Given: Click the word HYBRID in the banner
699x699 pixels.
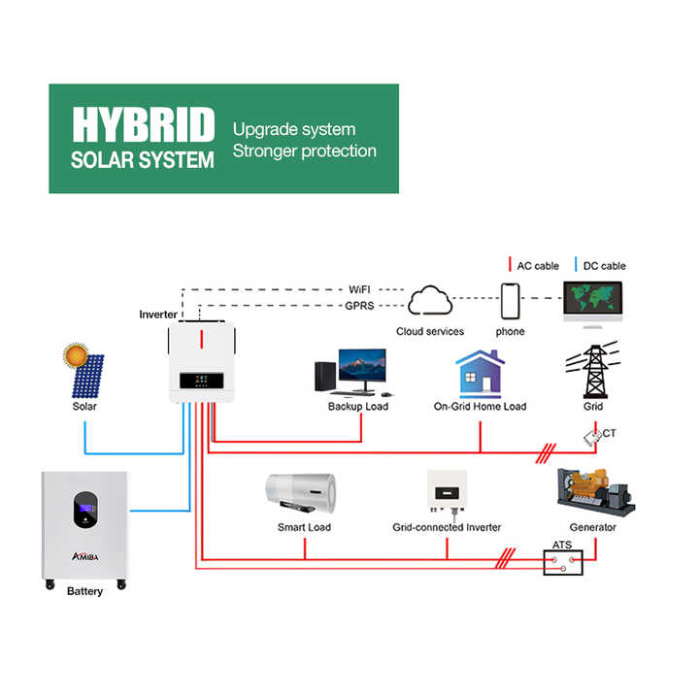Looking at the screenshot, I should coord(143,125).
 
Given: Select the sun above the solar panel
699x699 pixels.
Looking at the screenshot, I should coord(76,353).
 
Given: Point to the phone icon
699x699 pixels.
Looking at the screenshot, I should coord(510,301).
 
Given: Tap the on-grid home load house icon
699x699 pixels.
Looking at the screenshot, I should coord(480,374).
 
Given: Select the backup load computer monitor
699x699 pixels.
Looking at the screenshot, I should coord(360,370).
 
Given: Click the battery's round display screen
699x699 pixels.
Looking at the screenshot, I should coord(84,511).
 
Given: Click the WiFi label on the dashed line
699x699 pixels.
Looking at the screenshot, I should coord(359,289).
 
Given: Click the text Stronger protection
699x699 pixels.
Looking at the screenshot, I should coord(304,151).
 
